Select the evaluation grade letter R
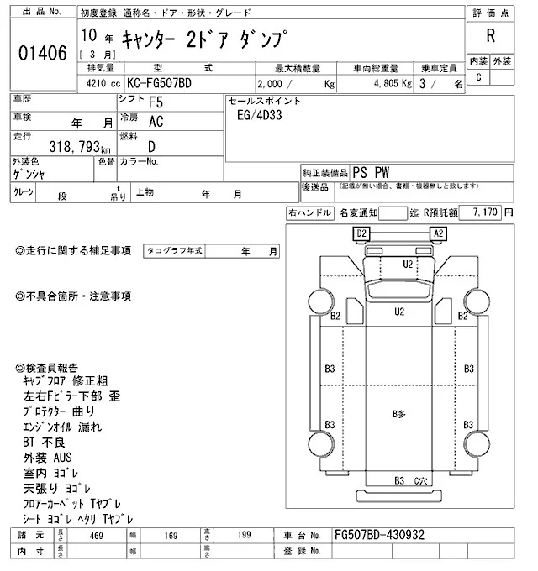pos(490,35)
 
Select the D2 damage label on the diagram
pos(362,233)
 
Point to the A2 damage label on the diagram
pos(438,233)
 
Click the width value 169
pos(171,534)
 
